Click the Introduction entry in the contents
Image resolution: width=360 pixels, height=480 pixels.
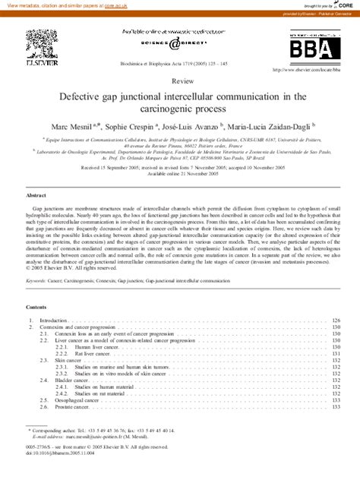pos(54,321)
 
